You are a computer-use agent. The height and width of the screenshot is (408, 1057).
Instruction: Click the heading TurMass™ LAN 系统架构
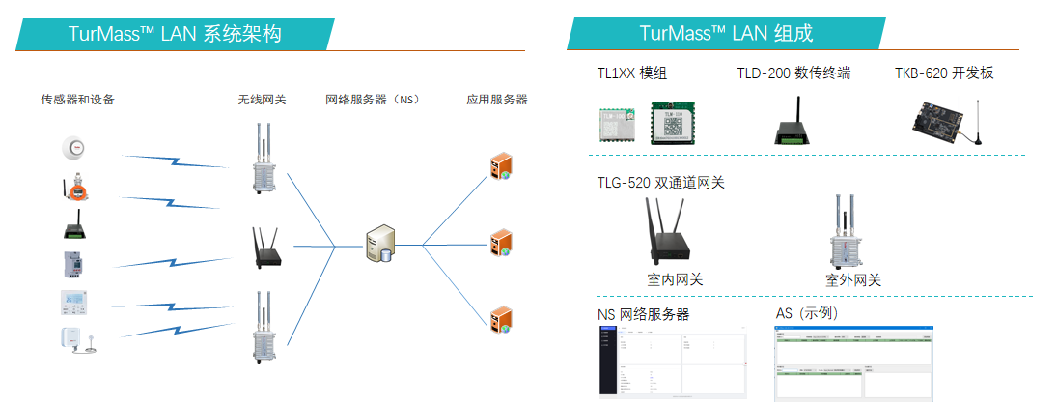click(x=175, y=34)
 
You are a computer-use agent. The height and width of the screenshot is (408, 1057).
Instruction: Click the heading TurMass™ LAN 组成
click(x=726, y=34)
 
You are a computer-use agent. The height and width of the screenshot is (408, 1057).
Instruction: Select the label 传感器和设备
click(x=78, y=100)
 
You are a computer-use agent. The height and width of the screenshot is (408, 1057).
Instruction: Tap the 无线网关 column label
click(x=263, y=100)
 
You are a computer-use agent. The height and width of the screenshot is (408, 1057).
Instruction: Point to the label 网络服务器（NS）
click(x=372, y=100)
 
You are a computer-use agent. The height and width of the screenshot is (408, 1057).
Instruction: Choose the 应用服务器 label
click(x=497, y=100)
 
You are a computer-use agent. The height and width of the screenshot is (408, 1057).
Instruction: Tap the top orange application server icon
click(x=500, y=167)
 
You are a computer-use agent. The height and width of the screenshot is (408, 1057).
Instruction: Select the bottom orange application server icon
click(x=500, y=319)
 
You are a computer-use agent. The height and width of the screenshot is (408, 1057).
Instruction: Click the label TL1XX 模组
click(x=632, y=73)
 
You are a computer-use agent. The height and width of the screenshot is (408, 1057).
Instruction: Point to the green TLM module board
click(x=674, y=122)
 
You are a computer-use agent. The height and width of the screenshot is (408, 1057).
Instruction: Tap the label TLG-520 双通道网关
click(x=660, y=182)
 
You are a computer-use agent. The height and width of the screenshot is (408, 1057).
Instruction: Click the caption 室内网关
click(x=675, y=280)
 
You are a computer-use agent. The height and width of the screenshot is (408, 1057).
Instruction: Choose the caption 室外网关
click(x=853, y=280)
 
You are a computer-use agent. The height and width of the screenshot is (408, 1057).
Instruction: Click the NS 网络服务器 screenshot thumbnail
click(x=673, y=362)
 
